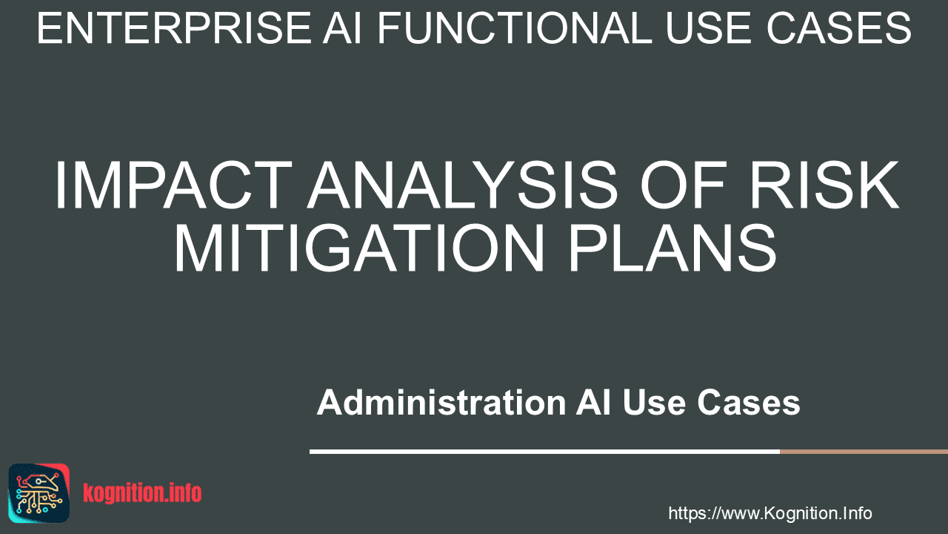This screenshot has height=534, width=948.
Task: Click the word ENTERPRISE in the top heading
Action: [x=174, y=28]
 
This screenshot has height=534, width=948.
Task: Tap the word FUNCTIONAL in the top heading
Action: [x=514, y=28]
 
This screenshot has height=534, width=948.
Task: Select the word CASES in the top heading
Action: [x=839, y=28]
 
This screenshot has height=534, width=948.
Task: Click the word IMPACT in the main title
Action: [x=173, y=185]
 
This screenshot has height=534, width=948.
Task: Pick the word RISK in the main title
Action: [x=824, y=185]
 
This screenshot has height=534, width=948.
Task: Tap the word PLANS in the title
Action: [x=673, y=248]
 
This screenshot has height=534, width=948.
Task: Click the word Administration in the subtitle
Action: [x=441, y=402]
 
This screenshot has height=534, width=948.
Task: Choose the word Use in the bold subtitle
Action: [x=654, y=402]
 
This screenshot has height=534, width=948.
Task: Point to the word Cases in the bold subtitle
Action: [x=749, y=402]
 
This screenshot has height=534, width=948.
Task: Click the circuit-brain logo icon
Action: [x=39, y=493]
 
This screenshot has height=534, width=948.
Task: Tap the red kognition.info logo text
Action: [x=142, y=493]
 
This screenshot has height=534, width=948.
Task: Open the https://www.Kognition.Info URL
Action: [x=770, y=513]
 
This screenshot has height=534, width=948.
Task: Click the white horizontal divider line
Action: [x=544, y=452]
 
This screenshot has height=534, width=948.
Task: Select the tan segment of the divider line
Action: [x=864, y=452]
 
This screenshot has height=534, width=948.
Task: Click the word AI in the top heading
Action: [x=342, y=28]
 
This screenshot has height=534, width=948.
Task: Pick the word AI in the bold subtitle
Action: [x=593, y=402]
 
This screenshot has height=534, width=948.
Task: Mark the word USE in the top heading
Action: [x=710, y=28]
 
